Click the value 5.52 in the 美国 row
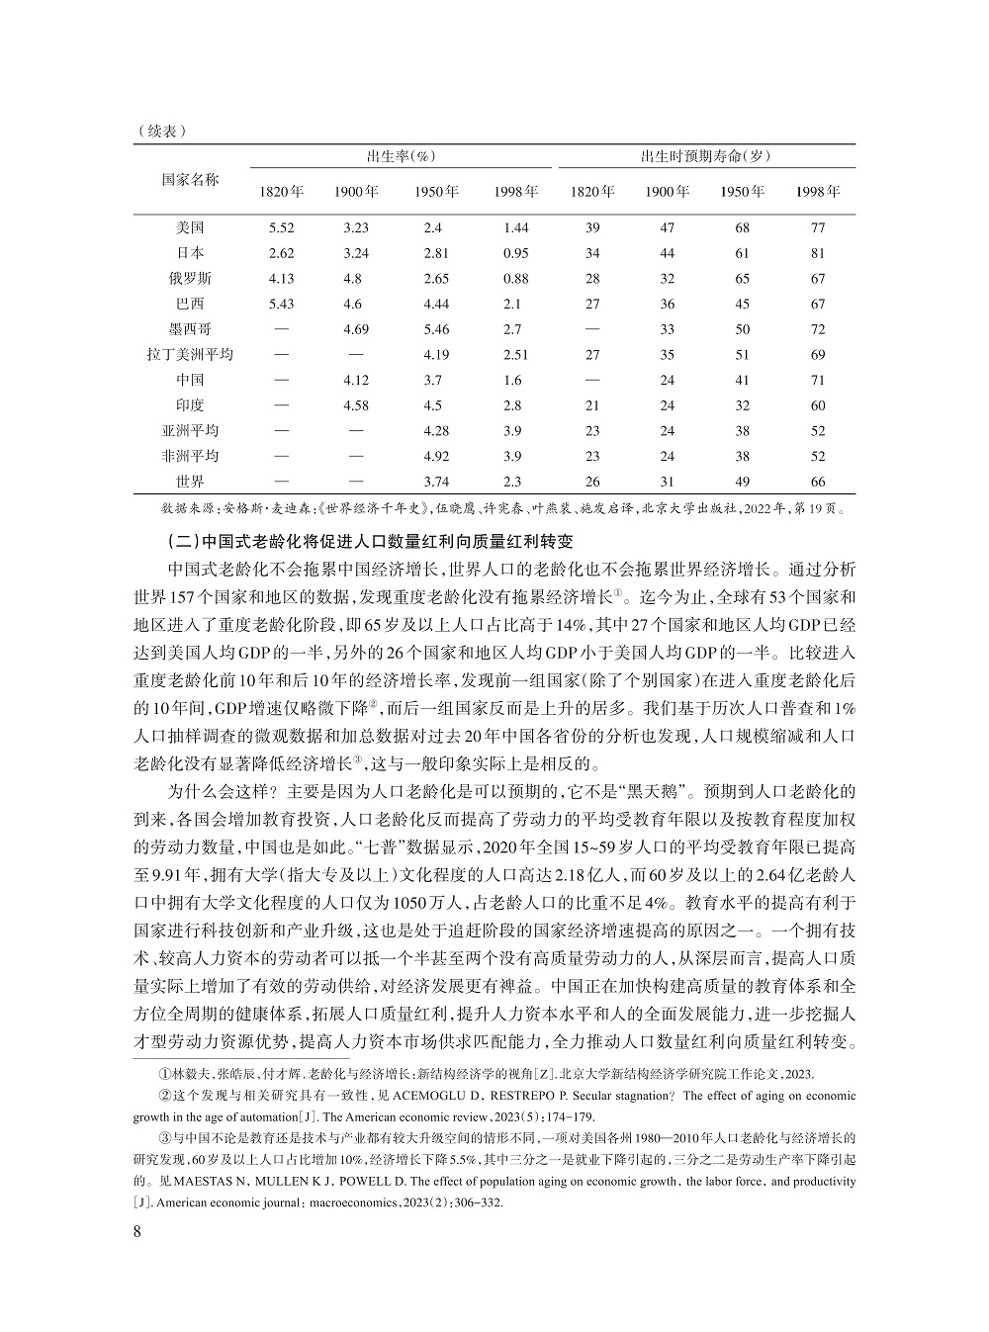[x=281, y=228]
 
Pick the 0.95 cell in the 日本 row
[x=515, y=253]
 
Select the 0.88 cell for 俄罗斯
[x=515, y=279]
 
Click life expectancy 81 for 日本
[x=818, y=253]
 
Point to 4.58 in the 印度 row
[x=356, y=405]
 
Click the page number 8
[x=137, y=1231]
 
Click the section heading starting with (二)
[x=372, y=542]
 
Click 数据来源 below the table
[x=189, y=510]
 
